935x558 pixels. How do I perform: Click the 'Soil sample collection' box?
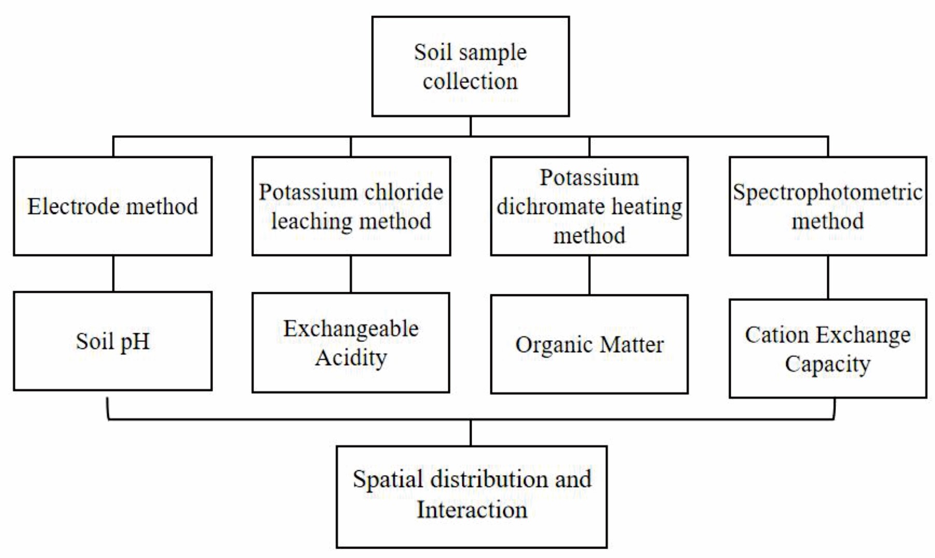point(470,66)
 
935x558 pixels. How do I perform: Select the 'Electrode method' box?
point(112,206)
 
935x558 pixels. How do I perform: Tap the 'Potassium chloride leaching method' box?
point(351,206)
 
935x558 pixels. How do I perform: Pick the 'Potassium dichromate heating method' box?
point(589,206)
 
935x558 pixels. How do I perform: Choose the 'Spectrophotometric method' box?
point(828,206)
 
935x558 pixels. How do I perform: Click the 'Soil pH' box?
point(112,341)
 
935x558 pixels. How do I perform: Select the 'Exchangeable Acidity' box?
point(351,342)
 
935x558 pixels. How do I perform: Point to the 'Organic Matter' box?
point(589,345)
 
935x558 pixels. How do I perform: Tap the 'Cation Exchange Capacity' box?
point(828,349)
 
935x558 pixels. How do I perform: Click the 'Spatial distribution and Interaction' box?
point(472,497)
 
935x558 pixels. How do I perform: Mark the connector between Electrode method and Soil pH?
point(113,274)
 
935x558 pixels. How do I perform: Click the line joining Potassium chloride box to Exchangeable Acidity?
point(351,274)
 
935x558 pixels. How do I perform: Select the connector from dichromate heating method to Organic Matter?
point(589,275)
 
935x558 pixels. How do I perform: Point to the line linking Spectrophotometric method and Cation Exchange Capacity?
point(828,277)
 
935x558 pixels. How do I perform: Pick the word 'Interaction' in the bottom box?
point(472,510)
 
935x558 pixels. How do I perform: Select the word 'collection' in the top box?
point(470,81)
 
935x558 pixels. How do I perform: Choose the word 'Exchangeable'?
point(351,329)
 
